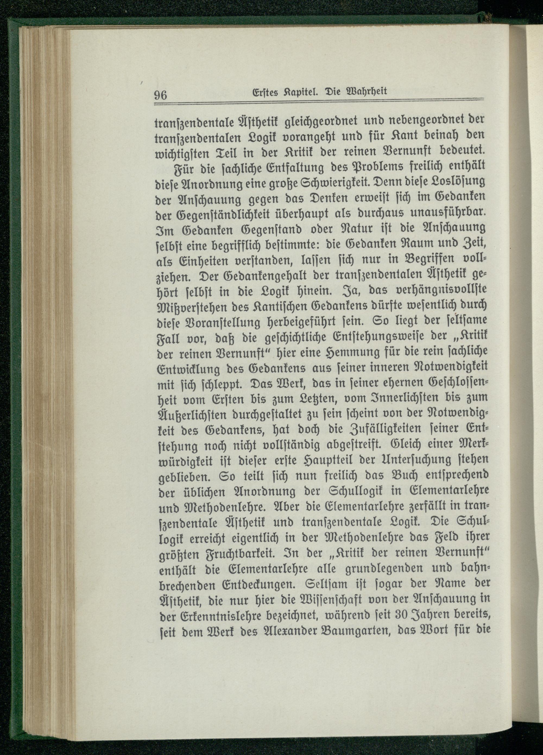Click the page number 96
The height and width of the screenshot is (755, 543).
point(160,95)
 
